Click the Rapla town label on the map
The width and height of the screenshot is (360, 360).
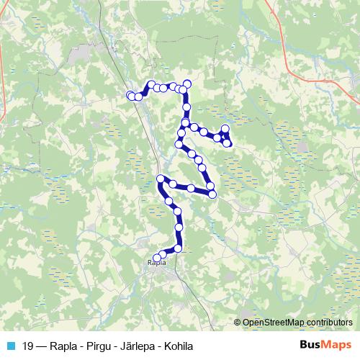click(x=156, y=263)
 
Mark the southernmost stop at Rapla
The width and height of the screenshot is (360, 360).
click(x=158, y=256)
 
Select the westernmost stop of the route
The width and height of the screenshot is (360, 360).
click(x=131, y=95)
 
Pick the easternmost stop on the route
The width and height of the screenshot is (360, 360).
click(x=228, y=143)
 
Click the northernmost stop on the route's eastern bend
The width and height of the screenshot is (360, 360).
click(x=187, y=84)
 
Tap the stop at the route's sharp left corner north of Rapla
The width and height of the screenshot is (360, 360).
click(x=161, y=179)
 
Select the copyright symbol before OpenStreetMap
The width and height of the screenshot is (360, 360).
click(x=238, y=323)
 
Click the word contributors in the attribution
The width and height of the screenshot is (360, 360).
click(x=330, y=323)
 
